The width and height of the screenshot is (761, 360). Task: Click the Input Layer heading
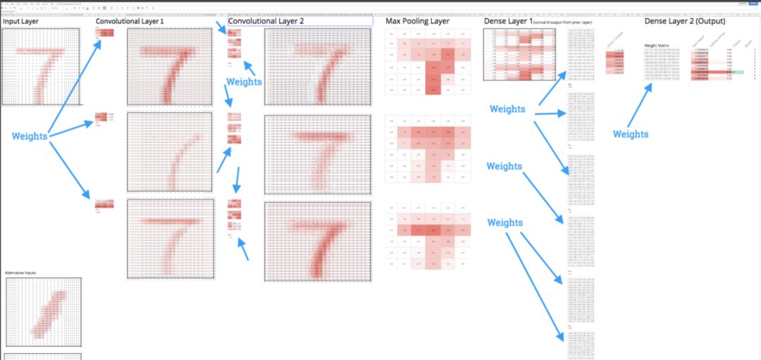click(x=20, y=22)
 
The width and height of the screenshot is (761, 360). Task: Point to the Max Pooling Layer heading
click(x=417, y=22)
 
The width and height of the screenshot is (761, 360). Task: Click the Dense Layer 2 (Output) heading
click(x=685, y=22)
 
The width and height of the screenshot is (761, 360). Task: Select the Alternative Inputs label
click(x=22, y=272)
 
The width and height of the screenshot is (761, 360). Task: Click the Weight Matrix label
click(x=657, y=45)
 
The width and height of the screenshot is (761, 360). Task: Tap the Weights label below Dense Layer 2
click(x=631, y=134)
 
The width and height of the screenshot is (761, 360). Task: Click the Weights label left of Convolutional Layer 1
click(x=30, y=136)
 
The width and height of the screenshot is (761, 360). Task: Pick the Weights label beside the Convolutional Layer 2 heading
click(x=245, y=82)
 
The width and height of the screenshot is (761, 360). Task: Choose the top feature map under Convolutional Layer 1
click(x=169, y=68)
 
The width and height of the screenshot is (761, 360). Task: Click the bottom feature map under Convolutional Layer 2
click(x=318, y=241)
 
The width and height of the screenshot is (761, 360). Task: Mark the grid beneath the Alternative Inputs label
click(x=44, y=310)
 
